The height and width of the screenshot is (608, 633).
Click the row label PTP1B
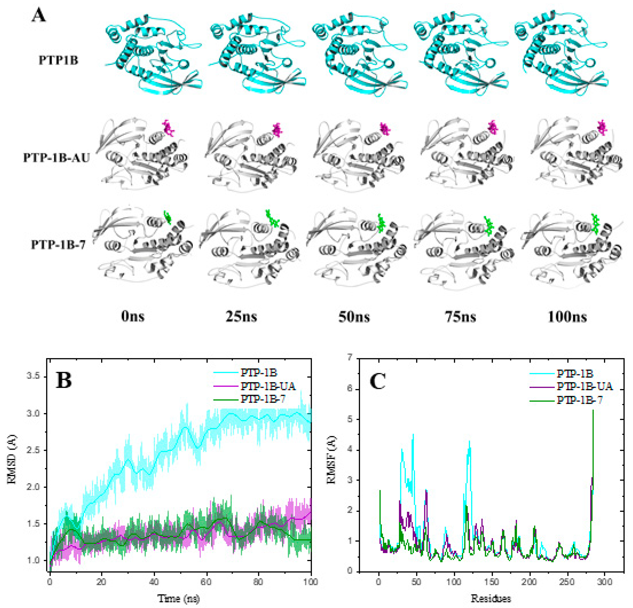(x=58, y=60)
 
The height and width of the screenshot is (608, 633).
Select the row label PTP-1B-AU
(x=56, y=158)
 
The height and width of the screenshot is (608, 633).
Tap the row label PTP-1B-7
(x=58, y=245)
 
